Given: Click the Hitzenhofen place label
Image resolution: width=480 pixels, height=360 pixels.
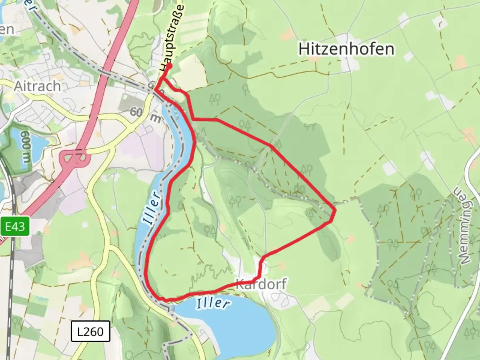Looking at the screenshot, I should pyautogui.click(x=346, y=49).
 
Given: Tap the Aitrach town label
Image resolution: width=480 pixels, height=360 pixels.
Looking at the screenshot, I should pyautogui.click(x=37, y=86).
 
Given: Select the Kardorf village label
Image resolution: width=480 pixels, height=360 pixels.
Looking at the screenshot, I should pyautogui.click(x=261, y=285).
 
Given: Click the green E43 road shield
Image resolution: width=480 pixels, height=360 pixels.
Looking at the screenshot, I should pyautogui.click(x=15, y=227).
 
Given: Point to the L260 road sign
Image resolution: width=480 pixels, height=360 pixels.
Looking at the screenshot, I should pyautogui.click(x=90, y=331).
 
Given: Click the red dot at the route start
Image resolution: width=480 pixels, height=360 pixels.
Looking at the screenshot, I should pyautogui.click(x=169, y=66).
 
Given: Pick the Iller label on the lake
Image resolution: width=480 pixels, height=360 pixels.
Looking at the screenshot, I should pyautogui.click(x=213, y=303).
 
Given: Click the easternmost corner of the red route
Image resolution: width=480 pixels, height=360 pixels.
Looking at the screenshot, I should pyautogui.click(x=334, y=210).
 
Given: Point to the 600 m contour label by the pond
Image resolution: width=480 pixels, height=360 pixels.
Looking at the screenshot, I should pyautogui.click(x=26, y=147).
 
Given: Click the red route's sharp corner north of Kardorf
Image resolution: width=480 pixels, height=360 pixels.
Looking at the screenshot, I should pyautogui.click(x=261, y=260).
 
